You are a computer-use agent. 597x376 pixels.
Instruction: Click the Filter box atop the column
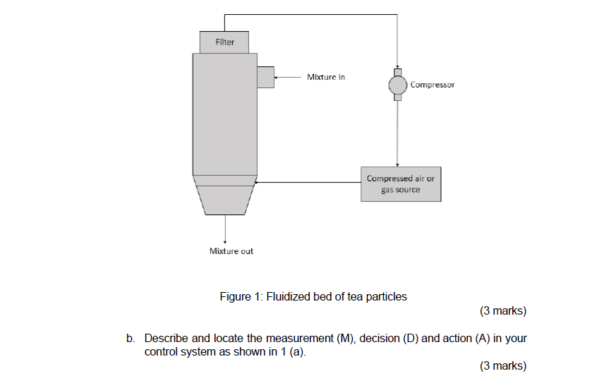pos(224,42)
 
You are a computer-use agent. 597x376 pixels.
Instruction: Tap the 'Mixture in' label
pos(326,77)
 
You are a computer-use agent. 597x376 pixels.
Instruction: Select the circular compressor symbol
pos(397,85)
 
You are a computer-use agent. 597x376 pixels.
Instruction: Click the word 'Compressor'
pos(433,85)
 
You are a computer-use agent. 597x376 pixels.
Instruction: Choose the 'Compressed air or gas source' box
pos(400,184)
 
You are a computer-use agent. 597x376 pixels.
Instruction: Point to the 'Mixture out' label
pos(231,251)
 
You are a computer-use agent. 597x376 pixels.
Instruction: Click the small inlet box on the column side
pos(265,77)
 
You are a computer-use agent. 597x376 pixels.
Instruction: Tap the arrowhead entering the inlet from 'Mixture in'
pos(277,77)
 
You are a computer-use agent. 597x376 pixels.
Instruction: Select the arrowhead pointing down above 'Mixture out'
pos(225,239)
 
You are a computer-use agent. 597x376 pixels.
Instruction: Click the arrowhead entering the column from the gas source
pos(258,183)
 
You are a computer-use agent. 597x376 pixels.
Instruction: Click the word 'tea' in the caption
pos(347,297)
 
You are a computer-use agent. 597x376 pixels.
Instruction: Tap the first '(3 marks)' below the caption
pos(502,311)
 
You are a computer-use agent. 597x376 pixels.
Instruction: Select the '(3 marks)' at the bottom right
pos(502,365)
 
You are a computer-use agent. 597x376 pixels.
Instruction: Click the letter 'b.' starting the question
pos(131,339)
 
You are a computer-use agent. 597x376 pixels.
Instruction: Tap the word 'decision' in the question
pos(380,339)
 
